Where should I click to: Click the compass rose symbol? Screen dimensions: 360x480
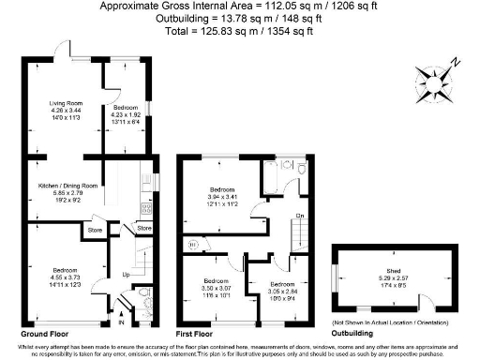tap(440, 76)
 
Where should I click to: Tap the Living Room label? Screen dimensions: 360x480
tap(67, 105)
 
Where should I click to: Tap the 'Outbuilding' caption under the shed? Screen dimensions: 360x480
tap(356, 334)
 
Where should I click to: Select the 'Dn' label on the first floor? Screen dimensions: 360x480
tap(299, 217)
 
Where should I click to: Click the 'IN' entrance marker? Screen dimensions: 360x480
tap(122, 323)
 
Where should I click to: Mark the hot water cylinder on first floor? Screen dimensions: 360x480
tap(193, 246)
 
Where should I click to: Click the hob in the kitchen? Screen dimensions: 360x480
tap(145, 208)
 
